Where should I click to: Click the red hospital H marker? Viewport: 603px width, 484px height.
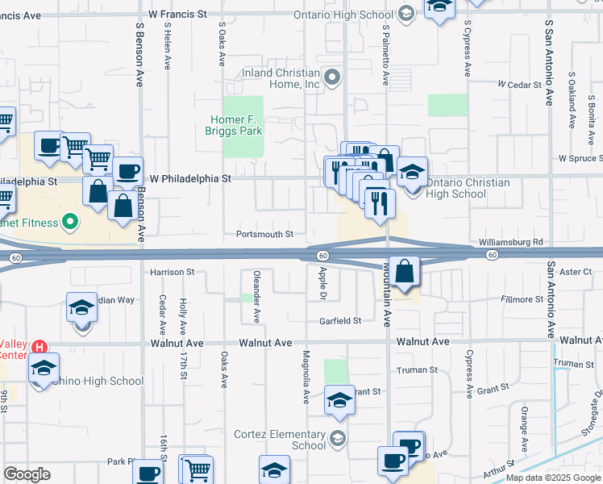coord(39,347)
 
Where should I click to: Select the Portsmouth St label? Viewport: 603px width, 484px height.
coord(264,235)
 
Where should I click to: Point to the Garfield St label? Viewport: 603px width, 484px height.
coord(339,321)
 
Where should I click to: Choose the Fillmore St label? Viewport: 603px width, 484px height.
coord(522,299)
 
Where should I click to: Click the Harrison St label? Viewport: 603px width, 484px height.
coord(173,273)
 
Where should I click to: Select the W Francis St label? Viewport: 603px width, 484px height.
coord(178,15)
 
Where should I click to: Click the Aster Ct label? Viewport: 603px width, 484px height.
coord(576,273)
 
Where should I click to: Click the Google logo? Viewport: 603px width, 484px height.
coord(27,474)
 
